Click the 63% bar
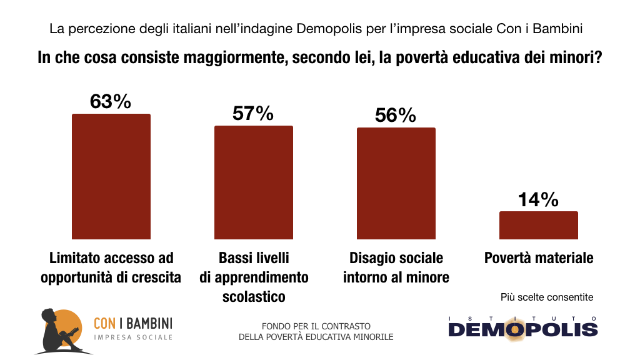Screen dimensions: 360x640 tap(111, 176)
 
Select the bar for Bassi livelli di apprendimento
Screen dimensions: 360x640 tap(253, 182)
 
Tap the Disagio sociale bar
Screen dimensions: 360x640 tap(396, 183)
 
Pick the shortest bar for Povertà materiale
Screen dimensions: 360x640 tap(538, 225)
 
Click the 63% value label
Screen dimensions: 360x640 tap(111, 101)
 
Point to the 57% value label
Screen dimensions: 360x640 tap(253, 113)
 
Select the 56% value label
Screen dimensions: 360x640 tap(396, 115)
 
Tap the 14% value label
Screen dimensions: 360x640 tap(538, 199)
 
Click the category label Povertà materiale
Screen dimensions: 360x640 tap(539, 257)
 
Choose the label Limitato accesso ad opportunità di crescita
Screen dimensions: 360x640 tap(111, 267)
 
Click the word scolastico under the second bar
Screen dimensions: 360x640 tap(254, 296)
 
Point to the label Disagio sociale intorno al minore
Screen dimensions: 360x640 tap(396, 267)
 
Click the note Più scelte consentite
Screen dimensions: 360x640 tap(547, 297)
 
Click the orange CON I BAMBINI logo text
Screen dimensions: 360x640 tap(132, 323)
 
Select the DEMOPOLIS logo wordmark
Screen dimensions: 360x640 tap(523, 329)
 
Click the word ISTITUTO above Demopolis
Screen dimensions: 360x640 tap(523, 318)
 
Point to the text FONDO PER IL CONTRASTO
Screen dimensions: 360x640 tap(316, 326)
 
